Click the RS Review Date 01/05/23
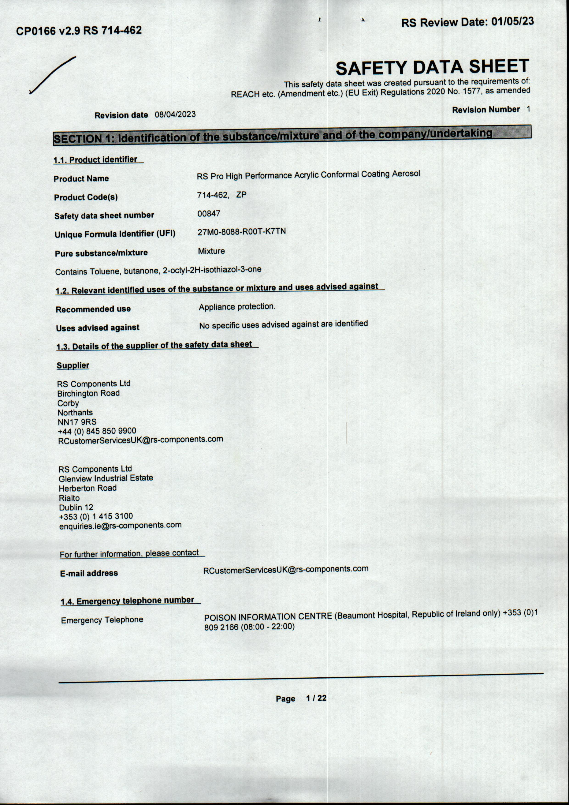pos(467,22)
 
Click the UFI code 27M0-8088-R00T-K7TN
pos(241,232)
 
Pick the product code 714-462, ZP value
pos(221,195)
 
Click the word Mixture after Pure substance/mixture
pos(211,251)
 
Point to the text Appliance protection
pos(237,306)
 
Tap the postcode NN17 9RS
pos(77,422)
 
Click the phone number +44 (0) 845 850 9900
pos(97,431)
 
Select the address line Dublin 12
pos(76,507)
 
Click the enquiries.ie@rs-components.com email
pos(120,526)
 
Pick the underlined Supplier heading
pos(73,365)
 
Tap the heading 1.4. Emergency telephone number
pos(127,601)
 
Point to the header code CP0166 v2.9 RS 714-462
pos(79,31)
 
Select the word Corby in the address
pos(68,403)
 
